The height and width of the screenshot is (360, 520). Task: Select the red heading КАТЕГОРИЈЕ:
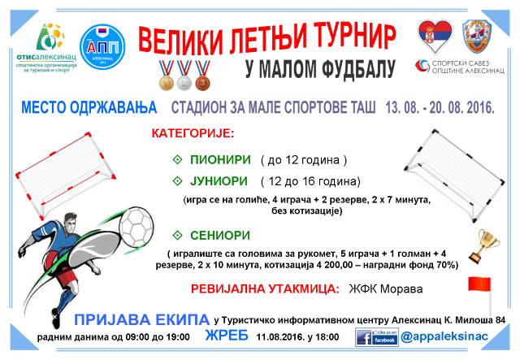point(193,132)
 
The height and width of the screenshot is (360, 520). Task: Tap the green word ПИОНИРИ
point(219,160)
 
